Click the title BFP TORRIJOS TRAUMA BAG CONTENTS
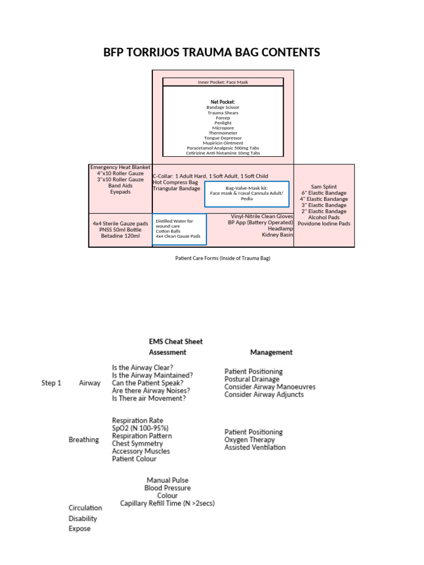[212, 52]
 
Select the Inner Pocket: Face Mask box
[223, 82]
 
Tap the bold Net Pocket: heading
[222, 102]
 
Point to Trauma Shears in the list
[222, 113]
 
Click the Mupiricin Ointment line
[222, 143]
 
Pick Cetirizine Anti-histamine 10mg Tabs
[222, 153]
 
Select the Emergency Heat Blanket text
[120, 167]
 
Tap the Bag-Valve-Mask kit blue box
[247, 193]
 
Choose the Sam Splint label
[324, 187]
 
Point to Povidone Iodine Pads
[324, 223]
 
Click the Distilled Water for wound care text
[174, 223]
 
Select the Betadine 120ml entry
[120, 236]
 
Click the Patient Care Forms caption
[222, 258]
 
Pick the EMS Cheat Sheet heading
[176, 341]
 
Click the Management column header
[271, 352]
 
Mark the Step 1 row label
[51, 383]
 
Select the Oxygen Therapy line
[250, 440]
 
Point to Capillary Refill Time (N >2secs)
[167, 503]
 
